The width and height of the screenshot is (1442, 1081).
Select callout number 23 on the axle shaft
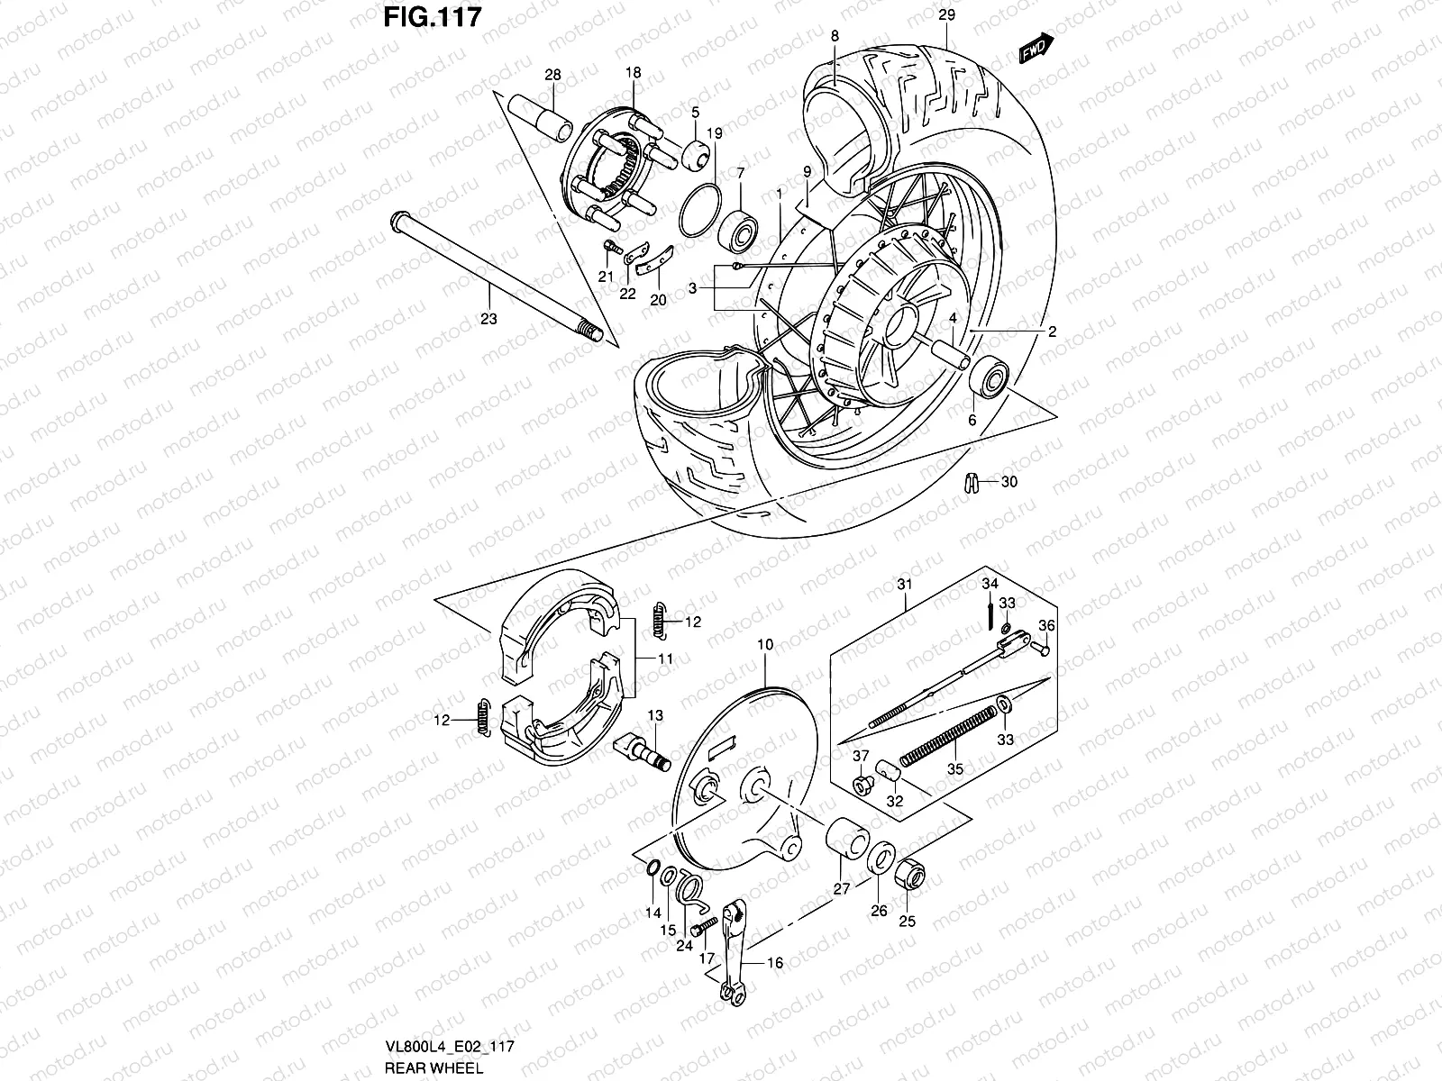[488, 318]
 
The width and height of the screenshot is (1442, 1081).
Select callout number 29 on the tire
[945, 15]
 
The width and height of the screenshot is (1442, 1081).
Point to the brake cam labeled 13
[642, 750]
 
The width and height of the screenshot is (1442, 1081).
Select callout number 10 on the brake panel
[765, 645]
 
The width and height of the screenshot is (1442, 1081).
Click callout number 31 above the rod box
[905, 585]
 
